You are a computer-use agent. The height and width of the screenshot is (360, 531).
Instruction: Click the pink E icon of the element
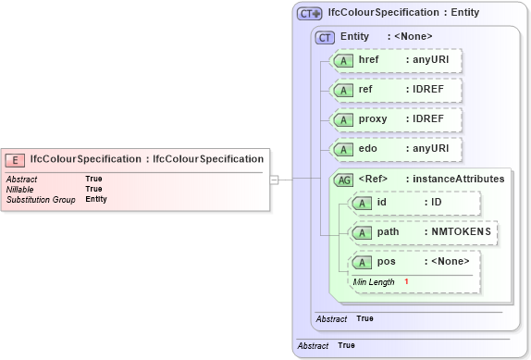(x=16, y=159)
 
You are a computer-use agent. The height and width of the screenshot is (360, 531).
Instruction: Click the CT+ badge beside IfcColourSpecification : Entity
(x=309, y=13)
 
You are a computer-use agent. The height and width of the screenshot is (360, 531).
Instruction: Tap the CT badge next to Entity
(x=325, y=37)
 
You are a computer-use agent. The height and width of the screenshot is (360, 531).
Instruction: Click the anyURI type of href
(x=430, y=60)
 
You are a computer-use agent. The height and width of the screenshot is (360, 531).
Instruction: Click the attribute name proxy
(x=374, y=119)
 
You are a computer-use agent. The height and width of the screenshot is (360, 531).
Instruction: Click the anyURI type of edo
(x=430, y=149)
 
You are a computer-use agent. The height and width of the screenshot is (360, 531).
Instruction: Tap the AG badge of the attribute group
(x=343, y=180)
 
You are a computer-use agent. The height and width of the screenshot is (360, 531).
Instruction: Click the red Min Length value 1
(x=405, y=281)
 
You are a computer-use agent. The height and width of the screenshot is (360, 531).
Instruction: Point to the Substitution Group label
(x=41, y=199)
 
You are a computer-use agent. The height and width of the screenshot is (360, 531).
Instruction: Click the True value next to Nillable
(x=93, y=189)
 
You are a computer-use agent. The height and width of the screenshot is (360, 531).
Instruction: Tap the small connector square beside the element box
(x=274, y=180)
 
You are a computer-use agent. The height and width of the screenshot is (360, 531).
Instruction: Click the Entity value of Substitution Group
(x=96, y=199)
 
